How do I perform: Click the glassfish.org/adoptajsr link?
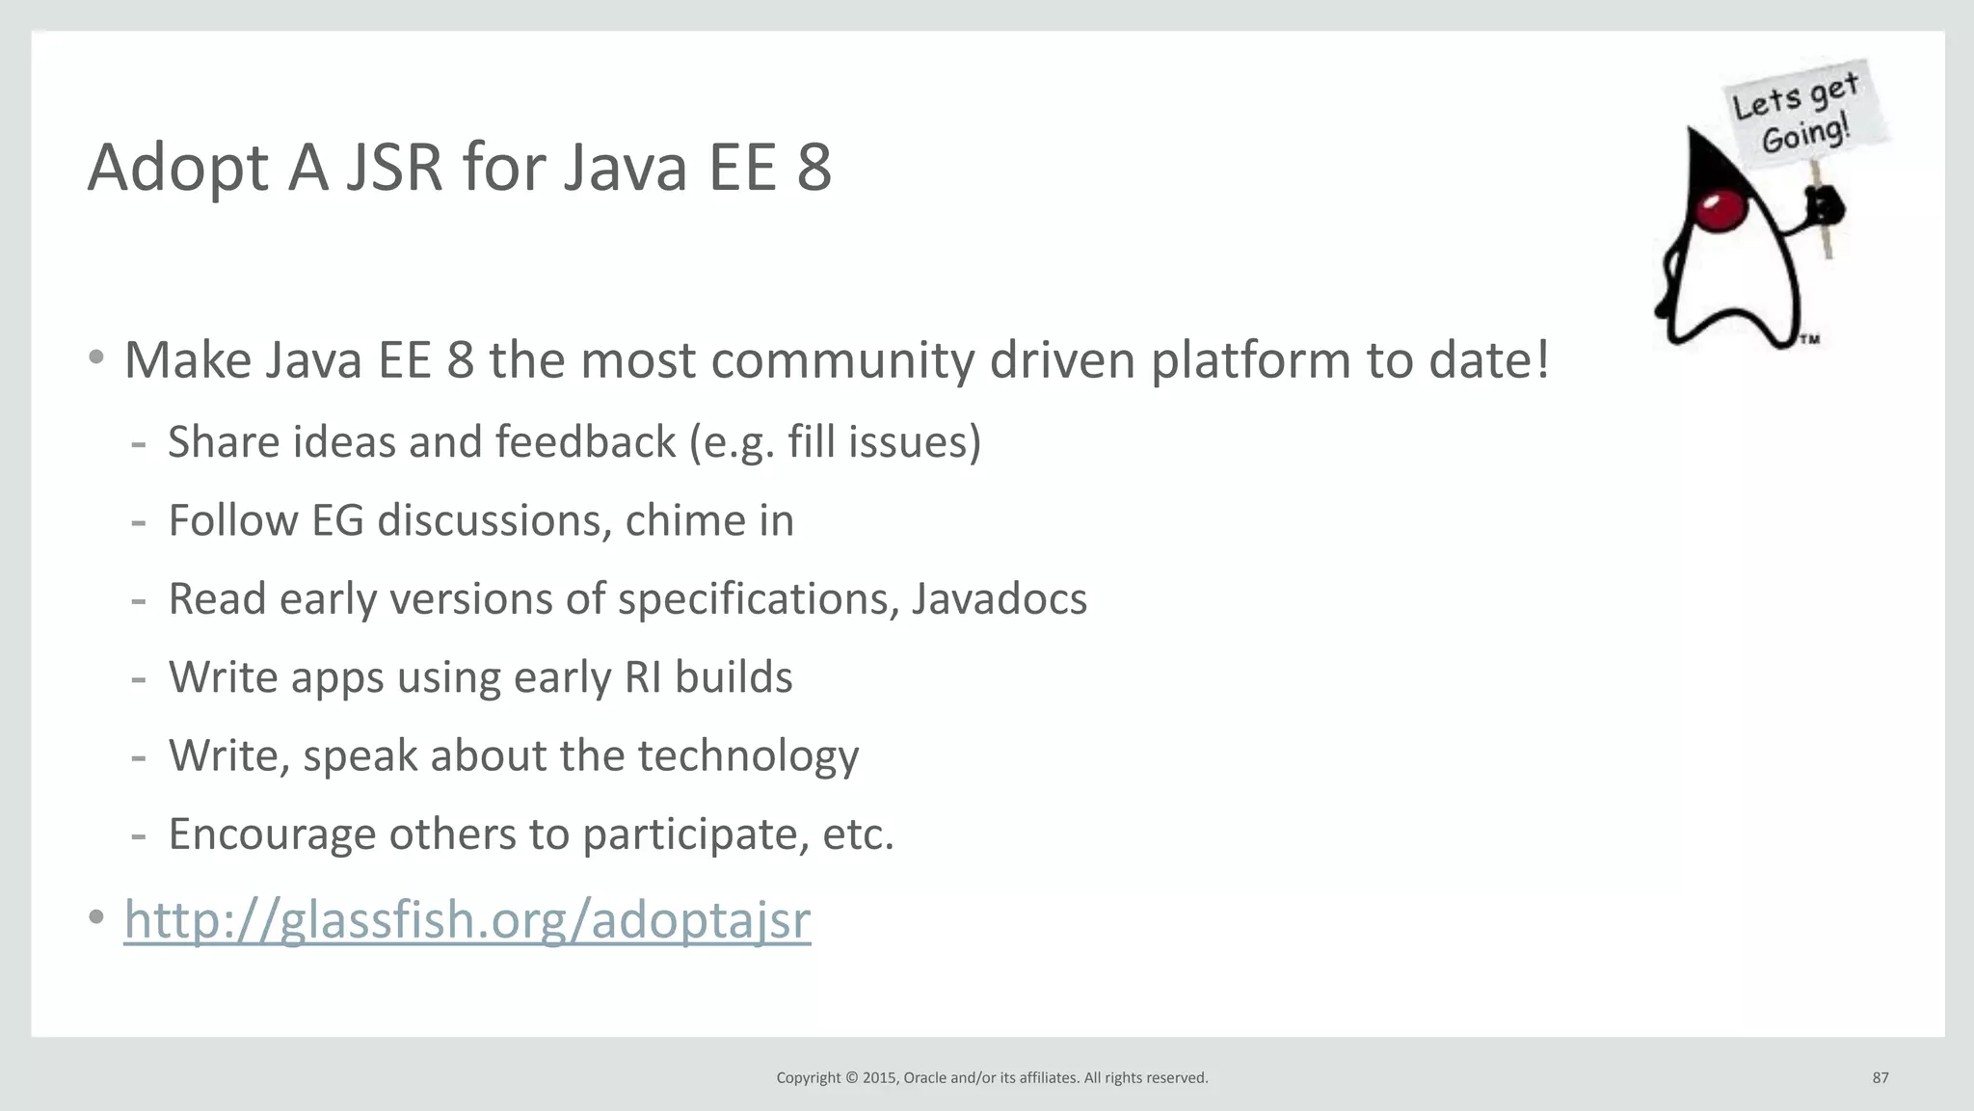[467, 919]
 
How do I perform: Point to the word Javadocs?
[999, 598]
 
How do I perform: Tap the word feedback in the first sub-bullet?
[586, 442]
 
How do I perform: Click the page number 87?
[1880, 1077]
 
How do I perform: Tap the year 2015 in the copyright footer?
[879, 1077]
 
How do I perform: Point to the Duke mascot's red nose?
[1721, 211]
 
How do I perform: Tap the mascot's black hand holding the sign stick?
[1824, 204]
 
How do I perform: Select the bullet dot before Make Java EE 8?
[95, 358]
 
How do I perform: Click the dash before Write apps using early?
[139, 678]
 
